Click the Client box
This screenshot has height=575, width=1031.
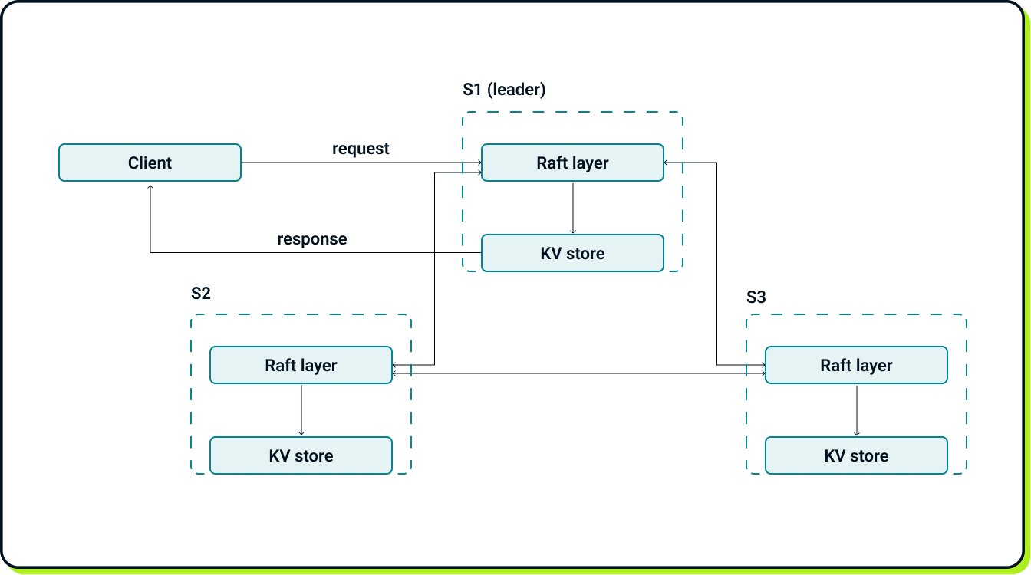(x=150, y=163)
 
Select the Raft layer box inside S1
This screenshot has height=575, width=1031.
(x=572, y=163)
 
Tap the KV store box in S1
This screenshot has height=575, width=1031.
(x=572, y=253)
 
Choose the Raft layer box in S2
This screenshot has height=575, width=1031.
(x=301, y=365)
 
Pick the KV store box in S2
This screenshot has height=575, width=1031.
(x=301, y=455)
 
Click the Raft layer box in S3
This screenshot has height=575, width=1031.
(x=856, y=365)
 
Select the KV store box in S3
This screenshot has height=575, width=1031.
(x=856, y=455)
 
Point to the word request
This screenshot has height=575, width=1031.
(x=361, y=149)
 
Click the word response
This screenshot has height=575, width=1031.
(x=311, y=239)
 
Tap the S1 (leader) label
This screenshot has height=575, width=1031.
(x=504, y=90)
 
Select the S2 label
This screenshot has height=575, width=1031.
(x=200, y=294)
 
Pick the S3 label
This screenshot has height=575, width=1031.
(x=756, y=297)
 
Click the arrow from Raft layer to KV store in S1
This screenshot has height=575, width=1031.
(x=572, y=208)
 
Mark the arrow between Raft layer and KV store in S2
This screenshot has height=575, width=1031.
(x=301, y=410)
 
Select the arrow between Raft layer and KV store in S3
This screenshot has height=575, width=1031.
(x=856, y=410)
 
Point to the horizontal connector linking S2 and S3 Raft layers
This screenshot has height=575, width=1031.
(x=578, y=373)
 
